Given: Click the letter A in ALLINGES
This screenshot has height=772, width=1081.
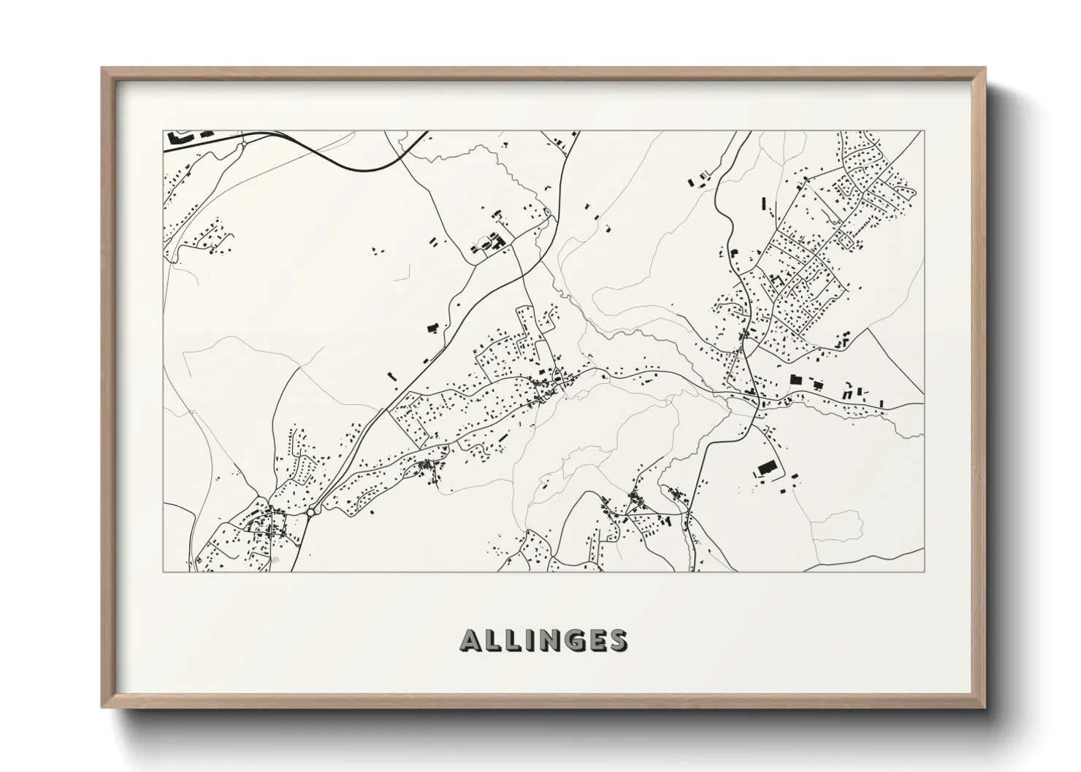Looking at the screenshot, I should tap(471, 641).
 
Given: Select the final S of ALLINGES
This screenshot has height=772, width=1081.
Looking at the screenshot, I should tap(617, 641).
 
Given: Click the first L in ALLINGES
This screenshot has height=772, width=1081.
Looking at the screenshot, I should tap(492, 641).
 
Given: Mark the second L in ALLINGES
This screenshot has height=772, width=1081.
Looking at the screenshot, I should tap(511, 641).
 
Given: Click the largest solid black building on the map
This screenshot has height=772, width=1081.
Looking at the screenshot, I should tap(765, 467).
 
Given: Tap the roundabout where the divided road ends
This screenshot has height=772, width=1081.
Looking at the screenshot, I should tap(310, 513).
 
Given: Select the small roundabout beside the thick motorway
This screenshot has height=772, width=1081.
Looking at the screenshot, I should tap(242, 144).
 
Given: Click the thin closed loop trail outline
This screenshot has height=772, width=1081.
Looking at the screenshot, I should tap(837, 526).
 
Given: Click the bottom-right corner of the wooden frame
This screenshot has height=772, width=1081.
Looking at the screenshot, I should tap(985, 707).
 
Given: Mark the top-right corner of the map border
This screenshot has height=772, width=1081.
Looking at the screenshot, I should tap(923, 132).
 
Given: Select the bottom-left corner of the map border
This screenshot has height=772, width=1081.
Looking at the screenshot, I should tap(164, 571).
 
